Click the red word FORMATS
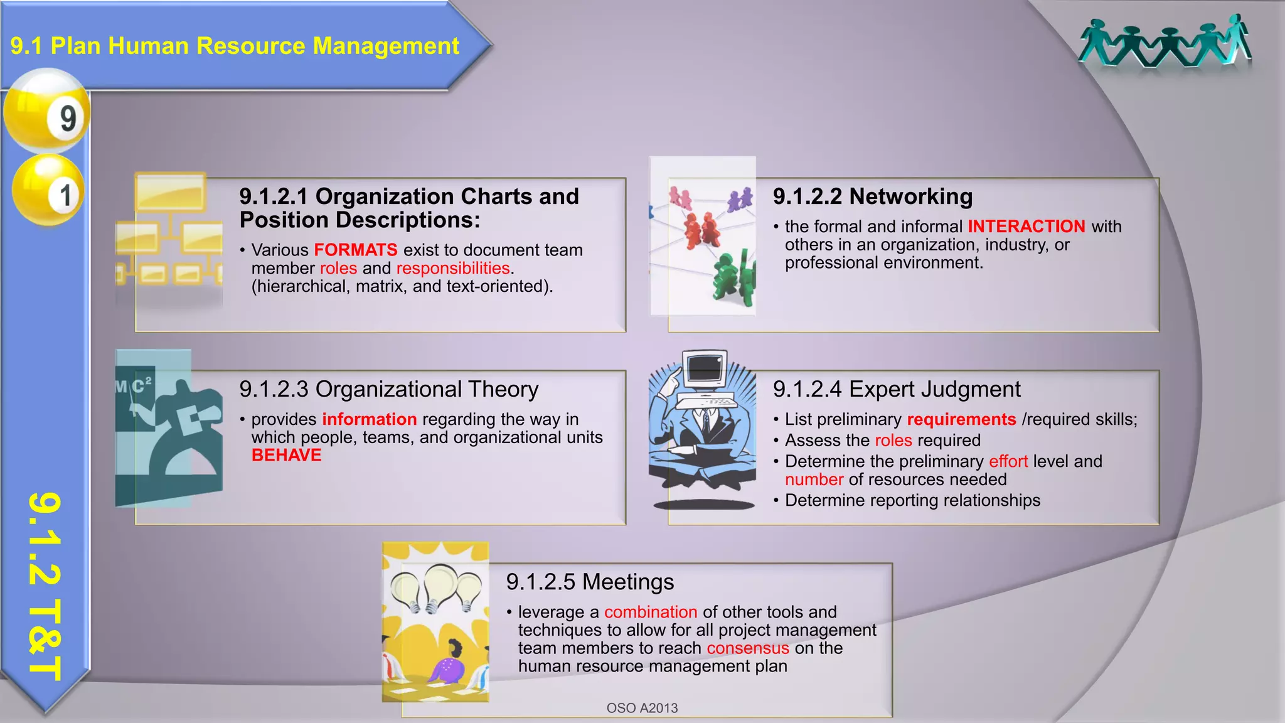tap(356, 250)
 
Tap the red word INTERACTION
tap(1026, 226)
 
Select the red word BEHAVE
tap(286, 455)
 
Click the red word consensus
tap(748, 648)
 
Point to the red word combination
tap(651, 612)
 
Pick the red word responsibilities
tap(453, 268)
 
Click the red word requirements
tap(961, 419)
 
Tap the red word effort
tap(1008, 461)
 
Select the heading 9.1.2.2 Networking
tap(872, 196)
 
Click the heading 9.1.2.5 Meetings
tap(590, 582)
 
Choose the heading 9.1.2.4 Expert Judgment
tap(897, 389)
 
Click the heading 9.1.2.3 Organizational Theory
tap(388, 389)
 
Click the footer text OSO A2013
tap(642, 708)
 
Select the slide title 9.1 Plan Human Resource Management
tap(235, 46)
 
